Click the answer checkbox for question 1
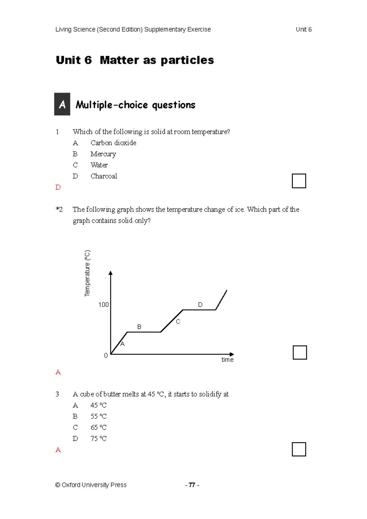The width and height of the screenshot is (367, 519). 299,181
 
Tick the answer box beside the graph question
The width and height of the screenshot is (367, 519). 300,352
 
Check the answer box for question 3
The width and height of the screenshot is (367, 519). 299,449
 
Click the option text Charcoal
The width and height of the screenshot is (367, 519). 104,176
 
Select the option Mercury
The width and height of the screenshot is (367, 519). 103,154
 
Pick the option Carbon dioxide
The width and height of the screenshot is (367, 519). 113,143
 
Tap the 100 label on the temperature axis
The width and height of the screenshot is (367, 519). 103,305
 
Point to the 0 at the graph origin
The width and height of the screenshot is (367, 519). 106,355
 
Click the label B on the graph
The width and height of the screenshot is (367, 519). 139,327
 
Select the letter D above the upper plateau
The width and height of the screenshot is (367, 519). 200,305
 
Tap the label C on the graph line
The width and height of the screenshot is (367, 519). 178,322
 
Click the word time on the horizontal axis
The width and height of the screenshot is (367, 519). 227,360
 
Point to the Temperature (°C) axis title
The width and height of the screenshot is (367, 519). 87,273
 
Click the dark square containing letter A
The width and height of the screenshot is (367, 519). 62,104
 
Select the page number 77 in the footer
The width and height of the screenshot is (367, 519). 192,485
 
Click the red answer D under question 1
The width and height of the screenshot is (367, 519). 58,187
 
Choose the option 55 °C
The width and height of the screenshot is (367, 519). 98,416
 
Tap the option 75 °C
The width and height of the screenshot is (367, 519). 98,438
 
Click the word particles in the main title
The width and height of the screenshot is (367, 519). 187,60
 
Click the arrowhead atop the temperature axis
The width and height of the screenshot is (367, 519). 111,273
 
